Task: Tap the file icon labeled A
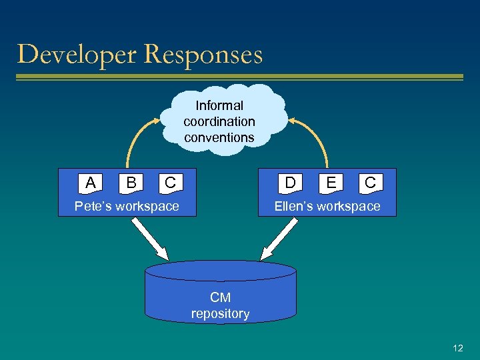pos(91,182)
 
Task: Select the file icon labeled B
pos(131,182)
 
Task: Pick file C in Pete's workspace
pos(170,182)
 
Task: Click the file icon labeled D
pos(291,182)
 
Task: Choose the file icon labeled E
pos(331,182)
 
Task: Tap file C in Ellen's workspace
pos(370,182)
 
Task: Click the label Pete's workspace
pos(127,206)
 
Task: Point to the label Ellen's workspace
pos(327,206)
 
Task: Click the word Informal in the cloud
pos(219,105)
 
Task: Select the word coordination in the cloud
pos(219,121)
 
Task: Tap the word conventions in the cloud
pos(219,137)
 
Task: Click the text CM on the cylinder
pos(220,297)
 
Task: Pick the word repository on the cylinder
pos(220,313)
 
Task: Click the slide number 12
pos(457,348)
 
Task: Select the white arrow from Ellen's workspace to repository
pos(279,239)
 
